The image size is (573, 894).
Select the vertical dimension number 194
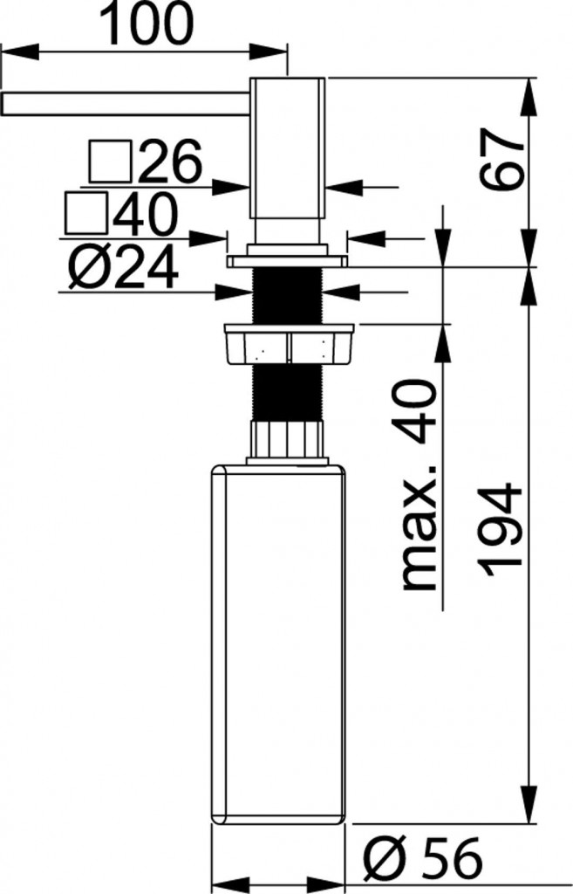tap(504, 529)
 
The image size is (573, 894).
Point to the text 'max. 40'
tap(417, 485)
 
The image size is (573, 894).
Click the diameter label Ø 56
tap(422, 861)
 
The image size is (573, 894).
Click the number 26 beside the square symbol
tap(169, 162)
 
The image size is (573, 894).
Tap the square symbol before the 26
tap(110, 162)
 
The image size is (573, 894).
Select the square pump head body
tap(288, 148)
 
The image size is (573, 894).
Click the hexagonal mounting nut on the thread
tap(289, 344)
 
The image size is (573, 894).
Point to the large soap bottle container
tap(279, 646)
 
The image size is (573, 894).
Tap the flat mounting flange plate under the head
tap(287, 260)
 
